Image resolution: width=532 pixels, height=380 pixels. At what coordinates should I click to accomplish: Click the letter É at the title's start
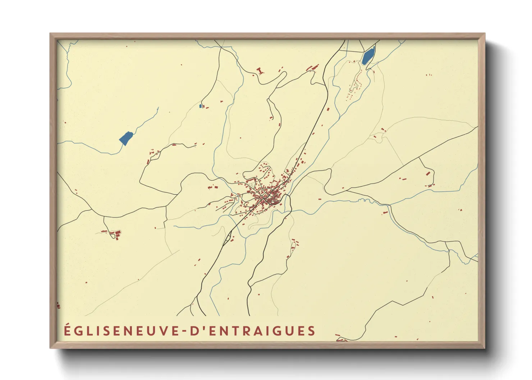pos(67,330)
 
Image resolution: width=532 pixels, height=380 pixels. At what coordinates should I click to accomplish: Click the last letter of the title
pos(312,331)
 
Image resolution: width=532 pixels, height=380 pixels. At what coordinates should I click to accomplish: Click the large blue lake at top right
pos(368,56)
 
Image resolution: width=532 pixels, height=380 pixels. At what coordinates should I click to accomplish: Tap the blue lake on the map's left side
pos(126,138)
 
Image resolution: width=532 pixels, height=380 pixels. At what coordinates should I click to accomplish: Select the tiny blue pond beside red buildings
pos(200,106)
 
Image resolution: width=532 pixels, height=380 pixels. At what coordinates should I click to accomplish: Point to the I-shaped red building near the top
pos(260,71)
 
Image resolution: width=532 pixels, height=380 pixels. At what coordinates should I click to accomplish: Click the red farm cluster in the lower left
pos(115,235)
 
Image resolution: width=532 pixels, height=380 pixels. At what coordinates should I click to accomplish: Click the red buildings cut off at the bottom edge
pos(340,339)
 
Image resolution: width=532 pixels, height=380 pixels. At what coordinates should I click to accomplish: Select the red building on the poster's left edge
pos(58,306)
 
